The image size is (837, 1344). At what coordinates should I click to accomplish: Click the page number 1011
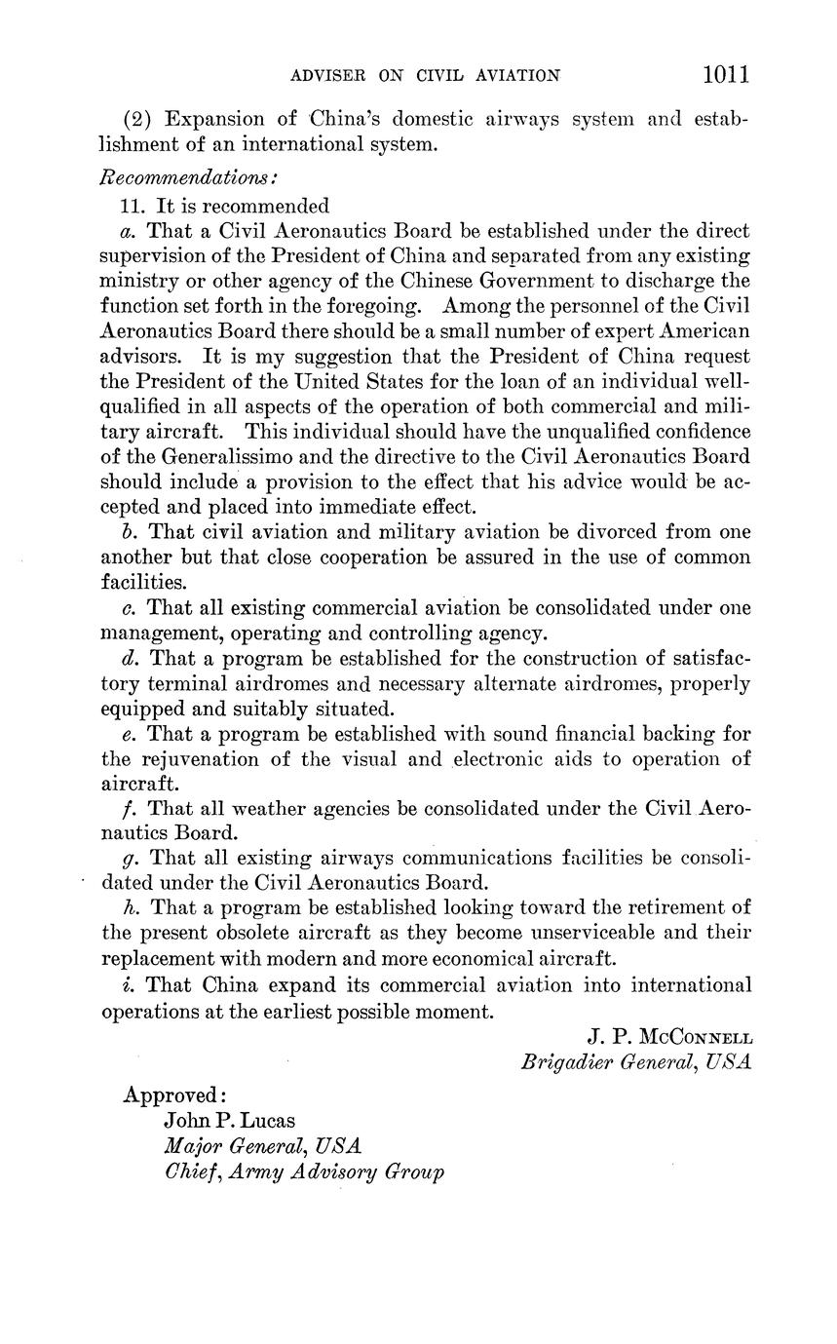(x=722, y=75)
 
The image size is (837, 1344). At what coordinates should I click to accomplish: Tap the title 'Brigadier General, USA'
(x=635, y=1061)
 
